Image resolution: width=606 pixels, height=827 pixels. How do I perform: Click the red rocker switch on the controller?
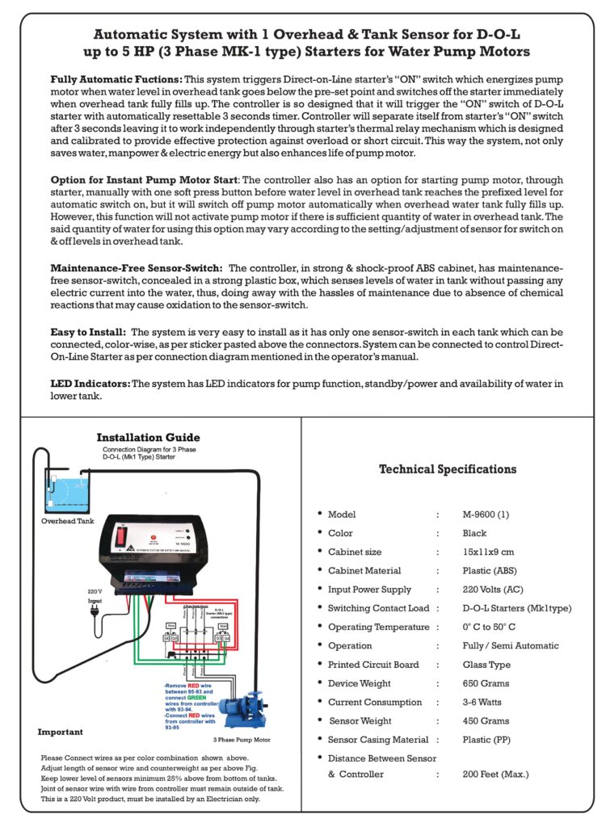pos(124,535)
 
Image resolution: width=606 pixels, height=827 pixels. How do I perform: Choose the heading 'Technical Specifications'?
pos(447,469)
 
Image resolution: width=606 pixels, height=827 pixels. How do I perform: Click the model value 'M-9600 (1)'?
pos(486,514)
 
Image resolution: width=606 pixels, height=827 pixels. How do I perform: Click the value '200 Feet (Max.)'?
pos(495,775)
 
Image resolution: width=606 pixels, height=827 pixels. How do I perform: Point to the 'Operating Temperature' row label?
pos(378,628)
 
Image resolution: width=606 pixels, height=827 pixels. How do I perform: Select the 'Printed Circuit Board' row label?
pos(373,665)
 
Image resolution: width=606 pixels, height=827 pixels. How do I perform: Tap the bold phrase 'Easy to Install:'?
pos(87,332)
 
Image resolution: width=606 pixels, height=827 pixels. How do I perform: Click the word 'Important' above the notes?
pos(60,733)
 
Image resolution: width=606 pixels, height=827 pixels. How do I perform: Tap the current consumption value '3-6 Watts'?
pos(484,702)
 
